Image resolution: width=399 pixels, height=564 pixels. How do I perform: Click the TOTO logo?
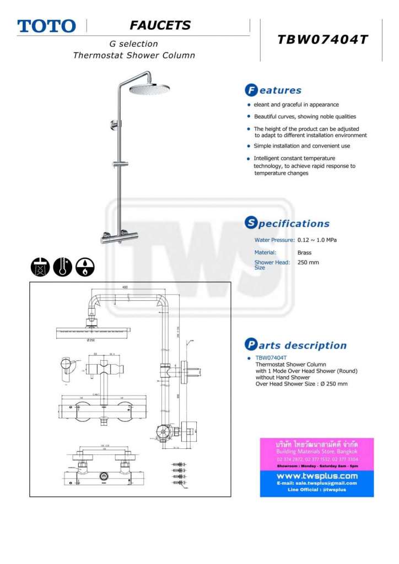click(x=46, y=26)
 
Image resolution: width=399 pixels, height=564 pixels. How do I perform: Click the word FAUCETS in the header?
click(x=160, y=25)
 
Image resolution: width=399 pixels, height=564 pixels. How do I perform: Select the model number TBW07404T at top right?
click(x=322, y=40)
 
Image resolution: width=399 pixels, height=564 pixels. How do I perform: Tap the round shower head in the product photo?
click(x=150, y=88)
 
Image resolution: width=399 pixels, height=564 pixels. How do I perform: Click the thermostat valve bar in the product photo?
click(x=119, y=238)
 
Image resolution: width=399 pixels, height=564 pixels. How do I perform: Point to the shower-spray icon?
click(x=40, y=267)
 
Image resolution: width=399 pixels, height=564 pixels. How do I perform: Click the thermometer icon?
click(x=62, y=267)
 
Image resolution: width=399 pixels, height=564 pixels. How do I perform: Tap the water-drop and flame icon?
click(x=85, y=267)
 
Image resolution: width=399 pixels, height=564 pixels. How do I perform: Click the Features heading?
click(x=273, y=90)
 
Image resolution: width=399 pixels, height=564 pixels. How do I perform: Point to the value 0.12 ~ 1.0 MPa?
click(x=317, y=240)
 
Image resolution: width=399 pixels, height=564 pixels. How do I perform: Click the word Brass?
click(x=304, y=253)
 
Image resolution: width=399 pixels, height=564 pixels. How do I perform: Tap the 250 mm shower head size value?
click(x=308, y=262)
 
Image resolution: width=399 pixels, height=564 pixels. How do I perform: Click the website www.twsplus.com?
click(x=317, y=475)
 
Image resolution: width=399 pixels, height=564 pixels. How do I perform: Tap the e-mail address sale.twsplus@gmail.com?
click(x=317, y=483)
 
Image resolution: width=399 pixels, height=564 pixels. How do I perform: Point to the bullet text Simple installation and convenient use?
click(x=301, y=146)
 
